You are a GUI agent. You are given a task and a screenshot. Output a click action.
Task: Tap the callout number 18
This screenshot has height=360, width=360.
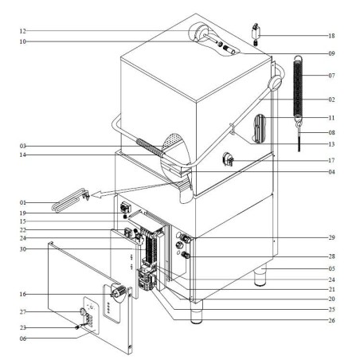pyautogui.click(x=331, y=36)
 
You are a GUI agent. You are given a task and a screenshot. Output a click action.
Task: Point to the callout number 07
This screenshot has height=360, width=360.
pyautogui.click(x=331, y=76)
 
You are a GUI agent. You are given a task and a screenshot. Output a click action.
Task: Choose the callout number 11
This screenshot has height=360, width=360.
pyautogui.click(x=331, y=118)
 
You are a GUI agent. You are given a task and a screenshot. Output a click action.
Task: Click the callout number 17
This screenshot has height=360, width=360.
pyautogui.click(x=331, y=160)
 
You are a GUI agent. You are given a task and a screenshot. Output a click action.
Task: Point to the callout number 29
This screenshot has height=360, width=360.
pyautogui.click(x=331, y=238)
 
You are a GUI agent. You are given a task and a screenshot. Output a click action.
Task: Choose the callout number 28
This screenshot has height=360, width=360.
pyautogui.click(x=331, y=256)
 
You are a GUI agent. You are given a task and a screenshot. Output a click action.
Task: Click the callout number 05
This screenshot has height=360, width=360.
pyautogui.click(x=331, y=269)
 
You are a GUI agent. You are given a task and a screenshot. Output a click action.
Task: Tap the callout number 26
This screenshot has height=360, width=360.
pyautogui.click(x=331, y=320)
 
